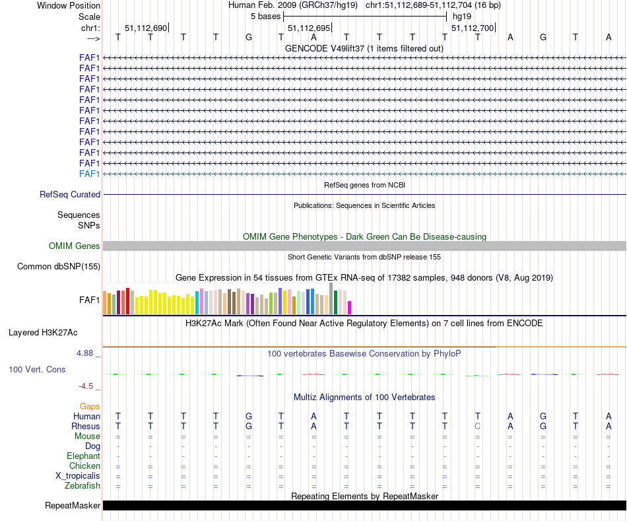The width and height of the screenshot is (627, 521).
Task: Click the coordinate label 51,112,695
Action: [x=309, y=28]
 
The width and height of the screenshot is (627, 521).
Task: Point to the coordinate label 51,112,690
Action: [x=146, y=28]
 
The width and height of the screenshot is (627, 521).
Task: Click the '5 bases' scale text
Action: [x=265, y=16]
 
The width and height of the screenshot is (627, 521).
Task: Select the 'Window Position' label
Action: [x=69, y=5]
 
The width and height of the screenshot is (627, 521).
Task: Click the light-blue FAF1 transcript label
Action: [x=90, y=174]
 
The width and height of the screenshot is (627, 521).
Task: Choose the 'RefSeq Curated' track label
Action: [x=70, y=195]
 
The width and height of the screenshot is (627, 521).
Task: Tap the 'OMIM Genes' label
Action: [x=75, y=246]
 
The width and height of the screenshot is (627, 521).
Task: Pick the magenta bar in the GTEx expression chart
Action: [x=350, y=308]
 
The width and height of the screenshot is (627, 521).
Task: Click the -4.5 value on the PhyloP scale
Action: [x=87, y=386]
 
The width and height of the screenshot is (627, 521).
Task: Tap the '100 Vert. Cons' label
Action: [x=37, y=370]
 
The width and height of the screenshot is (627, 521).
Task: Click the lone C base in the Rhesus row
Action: [x=477, y=427]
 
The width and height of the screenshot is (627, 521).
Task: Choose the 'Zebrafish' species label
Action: [x=82, y=486]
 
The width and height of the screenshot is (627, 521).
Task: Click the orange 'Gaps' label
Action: [x=90, y=406]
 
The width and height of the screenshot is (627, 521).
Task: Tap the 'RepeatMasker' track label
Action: [x=73, y=506]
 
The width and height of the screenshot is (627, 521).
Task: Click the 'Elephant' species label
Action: [x=83, y=456]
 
